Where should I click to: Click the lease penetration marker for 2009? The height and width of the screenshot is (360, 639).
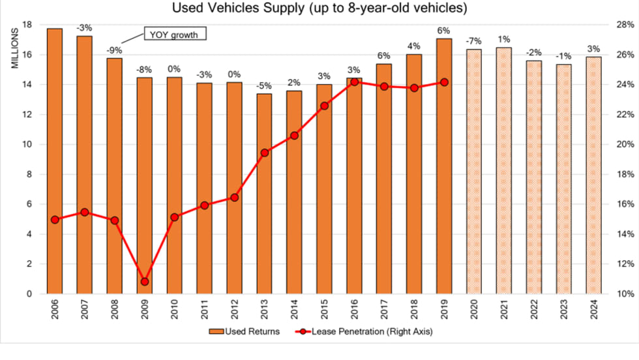click(x=145, y=282)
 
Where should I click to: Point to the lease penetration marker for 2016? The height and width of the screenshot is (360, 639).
click(x=355, y=82)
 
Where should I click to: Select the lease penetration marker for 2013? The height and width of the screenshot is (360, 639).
click(x=265, y=153)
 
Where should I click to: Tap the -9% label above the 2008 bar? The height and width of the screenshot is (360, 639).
click(x=115, y=50)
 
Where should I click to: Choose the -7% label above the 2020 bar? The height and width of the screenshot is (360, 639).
click(x=474, y=40)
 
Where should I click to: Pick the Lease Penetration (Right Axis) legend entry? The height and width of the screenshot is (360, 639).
click(x=366, y=331)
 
